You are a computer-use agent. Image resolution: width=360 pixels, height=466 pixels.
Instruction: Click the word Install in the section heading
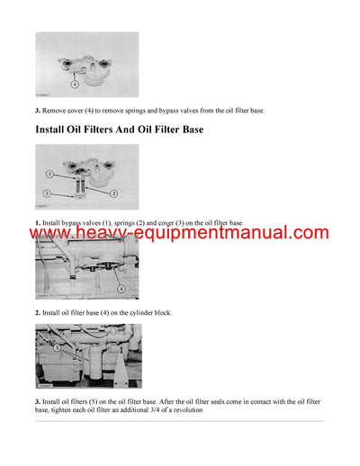56,130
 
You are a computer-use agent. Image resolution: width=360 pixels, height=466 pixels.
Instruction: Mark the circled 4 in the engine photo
121,289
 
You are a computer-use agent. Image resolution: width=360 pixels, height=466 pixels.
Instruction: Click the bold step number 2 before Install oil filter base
38,312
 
